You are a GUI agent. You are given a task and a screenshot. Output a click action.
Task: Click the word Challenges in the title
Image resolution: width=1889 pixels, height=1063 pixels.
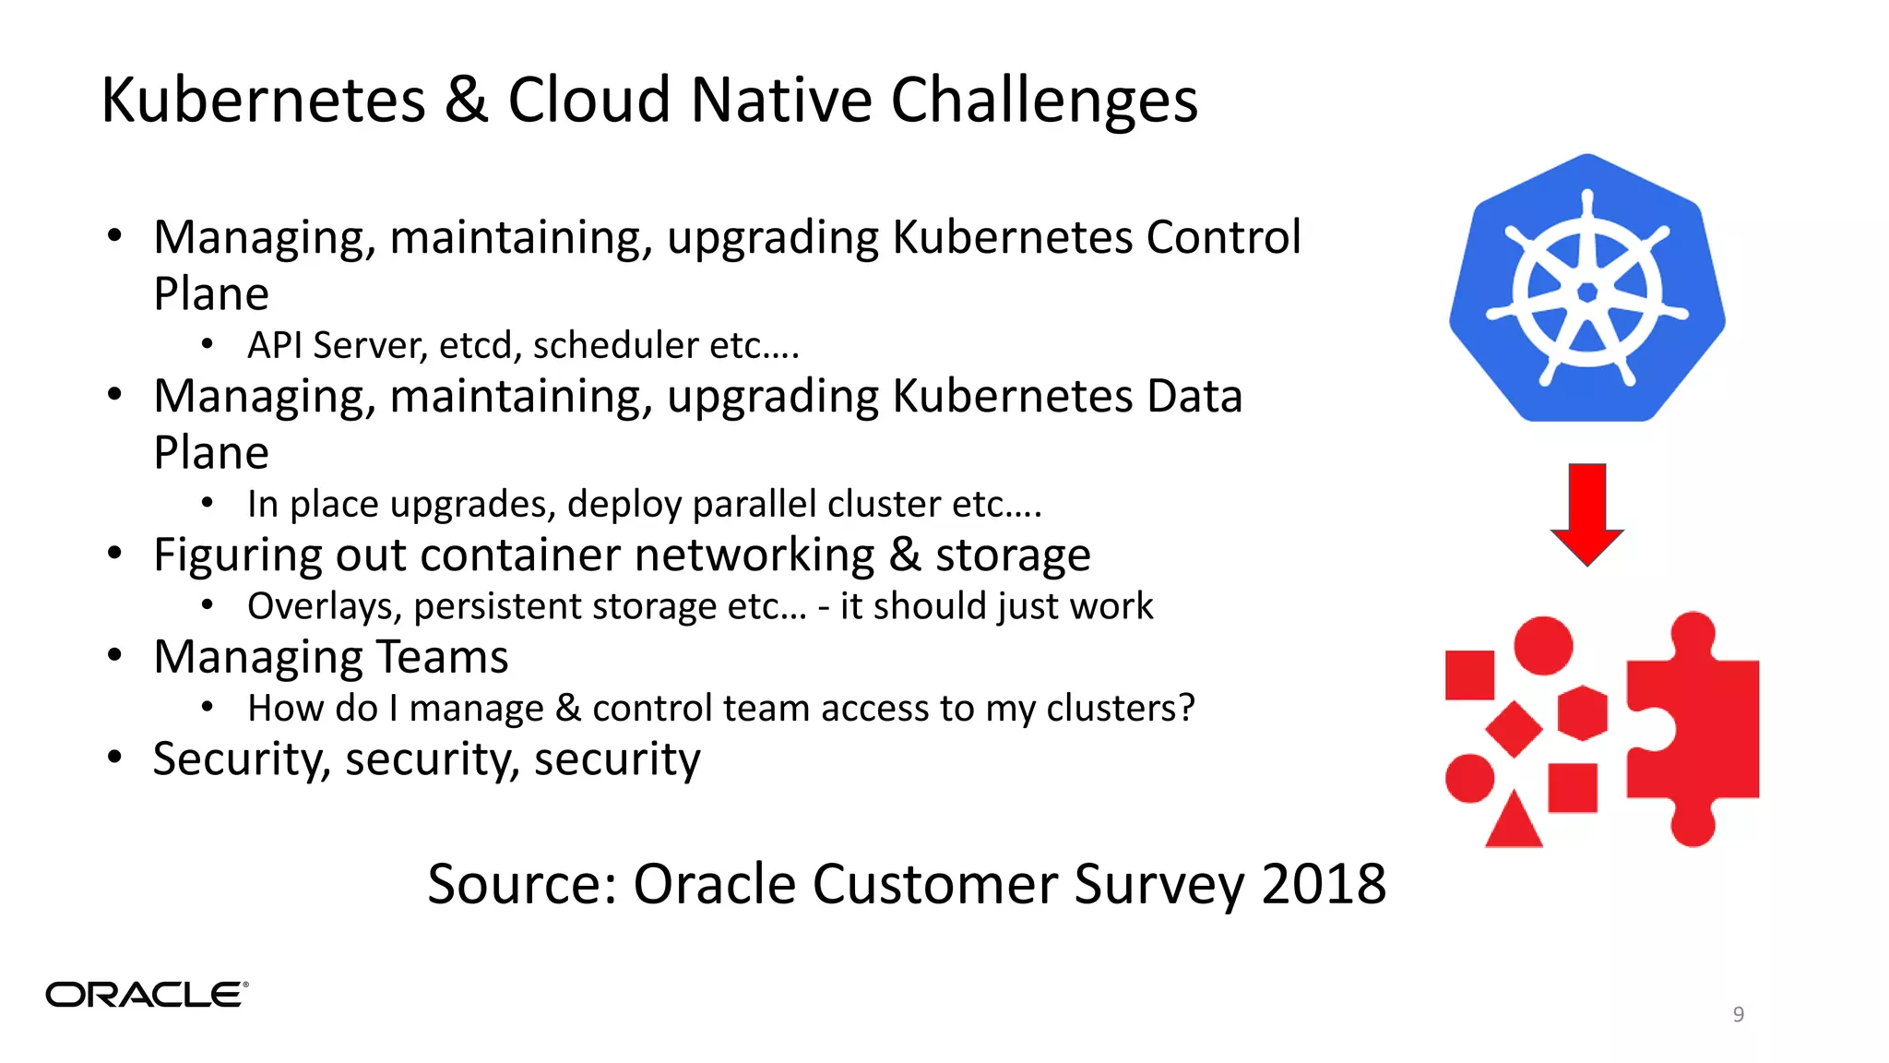(x=1043, y=100)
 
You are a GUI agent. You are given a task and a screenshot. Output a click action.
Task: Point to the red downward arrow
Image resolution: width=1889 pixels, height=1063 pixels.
(x=1586, y=513)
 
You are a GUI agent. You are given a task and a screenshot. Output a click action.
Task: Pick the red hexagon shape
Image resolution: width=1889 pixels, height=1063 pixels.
(x=1583, y=713)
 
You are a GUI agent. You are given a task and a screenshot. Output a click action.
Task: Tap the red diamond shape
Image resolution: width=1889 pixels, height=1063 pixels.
(x=1514, y=729)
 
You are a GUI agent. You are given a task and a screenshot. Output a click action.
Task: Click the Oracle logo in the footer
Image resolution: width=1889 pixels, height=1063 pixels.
(x=147, y=995)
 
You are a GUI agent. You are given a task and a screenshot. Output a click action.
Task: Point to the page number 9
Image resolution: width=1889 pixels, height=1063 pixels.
(x=1738, y=1014)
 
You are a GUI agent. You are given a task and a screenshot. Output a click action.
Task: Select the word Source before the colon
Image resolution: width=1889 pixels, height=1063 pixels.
(x=517, y=884)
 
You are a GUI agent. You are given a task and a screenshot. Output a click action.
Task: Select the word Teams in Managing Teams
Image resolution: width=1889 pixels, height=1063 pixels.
(x=443, y=657)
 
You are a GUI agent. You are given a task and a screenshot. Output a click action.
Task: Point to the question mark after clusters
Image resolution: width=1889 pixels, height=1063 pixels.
(x=1186, y=708)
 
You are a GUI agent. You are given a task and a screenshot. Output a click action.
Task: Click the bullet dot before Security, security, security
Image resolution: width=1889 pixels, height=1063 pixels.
(x=114, y=758)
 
